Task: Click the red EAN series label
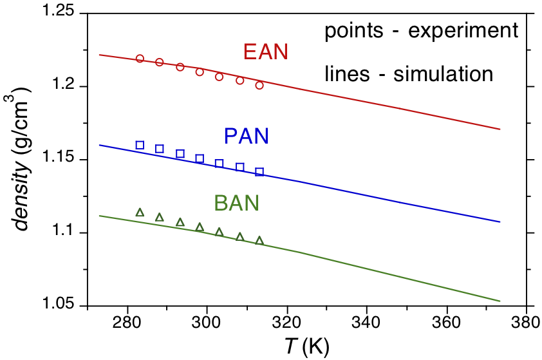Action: tap(265, 52)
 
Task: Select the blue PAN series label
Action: tap(246, 137)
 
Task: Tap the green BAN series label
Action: tap(236, 204)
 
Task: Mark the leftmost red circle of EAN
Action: tap(140, 59)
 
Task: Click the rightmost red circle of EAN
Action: tap(259, 85)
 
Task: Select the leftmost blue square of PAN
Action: tap(140, 145)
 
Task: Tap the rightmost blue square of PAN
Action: tap(259, 172)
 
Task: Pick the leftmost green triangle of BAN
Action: tap(140, 213)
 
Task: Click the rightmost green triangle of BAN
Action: tap(259, 241)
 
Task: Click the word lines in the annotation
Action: tap(341, 74)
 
